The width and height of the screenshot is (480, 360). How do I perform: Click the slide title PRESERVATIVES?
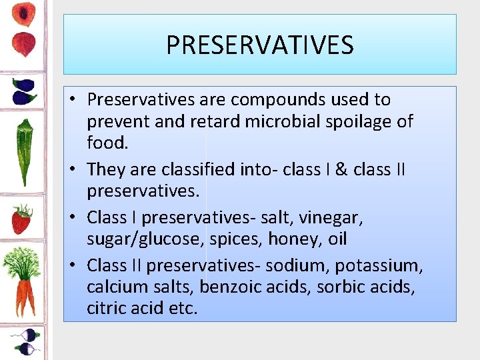coord(259,45)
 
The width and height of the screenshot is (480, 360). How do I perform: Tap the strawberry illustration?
coord(22,219)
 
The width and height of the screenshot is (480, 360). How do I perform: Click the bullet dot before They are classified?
coord(75,170)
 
